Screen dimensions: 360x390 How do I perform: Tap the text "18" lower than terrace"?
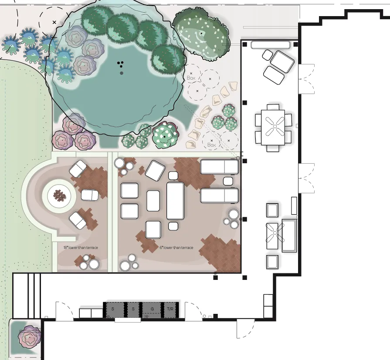click(x=81, y=248)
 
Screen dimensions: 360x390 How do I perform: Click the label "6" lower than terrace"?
click(x=176, y=248)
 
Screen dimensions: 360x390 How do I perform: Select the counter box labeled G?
click(x=152, y=310)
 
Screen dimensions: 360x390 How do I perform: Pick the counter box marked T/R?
click(x=170, y=310)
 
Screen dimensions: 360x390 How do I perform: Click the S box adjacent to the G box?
click(x=133, y=310)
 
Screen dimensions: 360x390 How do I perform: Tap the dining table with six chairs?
click(x=273, y=127)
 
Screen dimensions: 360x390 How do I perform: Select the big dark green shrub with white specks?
click(x=201, y=34)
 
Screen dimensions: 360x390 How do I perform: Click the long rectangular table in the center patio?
click(x=175, y=201)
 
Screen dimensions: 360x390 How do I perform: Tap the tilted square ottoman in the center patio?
click(x=155, y=171)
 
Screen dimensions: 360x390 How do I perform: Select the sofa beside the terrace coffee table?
click(x=289, y=236)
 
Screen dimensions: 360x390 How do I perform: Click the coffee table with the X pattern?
click(x=272, y=236)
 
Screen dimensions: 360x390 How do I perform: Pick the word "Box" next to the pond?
click(x=191, y=78)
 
